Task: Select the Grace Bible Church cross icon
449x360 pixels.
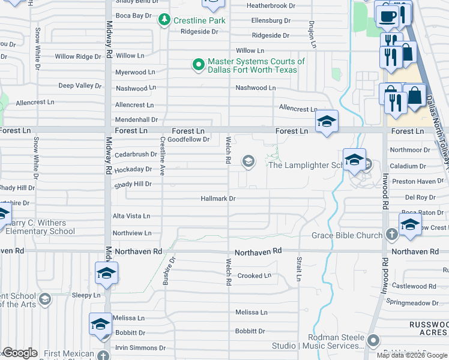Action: [x=391, y=235]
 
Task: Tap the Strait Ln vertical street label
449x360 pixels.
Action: [x=298, y=268]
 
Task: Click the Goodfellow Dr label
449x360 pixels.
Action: [x=188, y=140]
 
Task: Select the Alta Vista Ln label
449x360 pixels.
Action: [x=131, y=216]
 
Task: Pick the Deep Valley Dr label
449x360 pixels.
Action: [x=80, y=86]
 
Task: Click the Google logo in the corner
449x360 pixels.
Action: [x=19, y=353]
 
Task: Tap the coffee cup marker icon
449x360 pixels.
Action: [x=387, y=16]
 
